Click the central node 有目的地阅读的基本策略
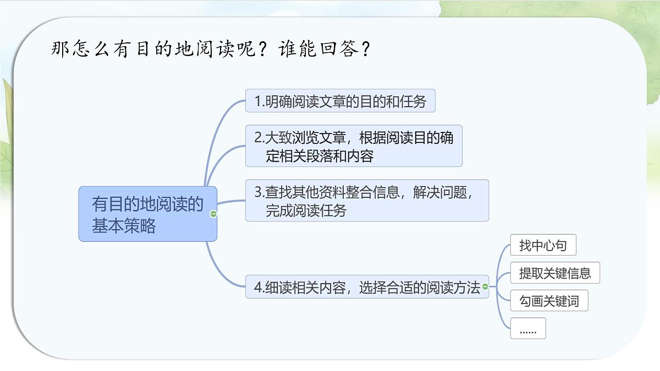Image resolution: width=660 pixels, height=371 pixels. point(147,214)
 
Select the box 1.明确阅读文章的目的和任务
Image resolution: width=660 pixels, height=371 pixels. point(340,101)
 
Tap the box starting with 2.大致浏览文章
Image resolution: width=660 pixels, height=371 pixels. point(353,146)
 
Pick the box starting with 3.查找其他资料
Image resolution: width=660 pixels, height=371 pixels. point(366,201)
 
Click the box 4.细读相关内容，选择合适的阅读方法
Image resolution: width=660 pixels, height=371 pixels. point(366,287)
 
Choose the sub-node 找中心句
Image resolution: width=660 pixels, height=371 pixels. point(543,245)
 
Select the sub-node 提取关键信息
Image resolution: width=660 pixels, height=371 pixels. point(555,273)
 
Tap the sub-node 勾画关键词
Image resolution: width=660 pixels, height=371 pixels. point(549,301)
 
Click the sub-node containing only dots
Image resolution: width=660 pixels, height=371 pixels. point(528,329)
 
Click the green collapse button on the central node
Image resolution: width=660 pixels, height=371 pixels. point(213,214)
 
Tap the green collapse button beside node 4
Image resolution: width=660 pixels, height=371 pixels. point(485,286)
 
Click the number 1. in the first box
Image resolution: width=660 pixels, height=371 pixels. point(260,102)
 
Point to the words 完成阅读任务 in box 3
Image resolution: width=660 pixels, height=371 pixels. point(306,211)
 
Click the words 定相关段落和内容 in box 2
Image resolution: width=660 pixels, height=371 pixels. point(320,156)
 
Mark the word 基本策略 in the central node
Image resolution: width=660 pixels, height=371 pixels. point(124,225)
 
